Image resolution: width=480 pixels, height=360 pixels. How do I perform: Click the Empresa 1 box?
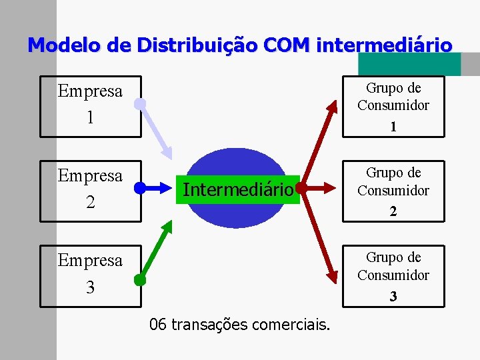(91, 106)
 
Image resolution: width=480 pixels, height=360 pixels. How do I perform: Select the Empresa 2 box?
(91, 191)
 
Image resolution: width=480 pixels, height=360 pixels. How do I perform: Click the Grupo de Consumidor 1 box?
(393, 106)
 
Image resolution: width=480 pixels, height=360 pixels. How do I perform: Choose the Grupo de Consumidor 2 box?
(393, 191)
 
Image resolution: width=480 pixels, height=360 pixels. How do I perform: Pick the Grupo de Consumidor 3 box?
(393, 275)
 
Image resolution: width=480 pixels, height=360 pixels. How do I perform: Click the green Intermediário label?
(238, 190)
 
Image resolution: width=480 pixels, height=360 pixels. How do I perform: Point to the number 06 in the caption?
(158, 325)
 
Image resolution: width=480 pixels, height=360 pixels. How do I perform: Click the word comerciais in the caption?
(297, 325)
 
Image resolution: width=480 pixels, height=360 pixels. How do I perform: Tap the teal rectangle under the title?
(409, 65)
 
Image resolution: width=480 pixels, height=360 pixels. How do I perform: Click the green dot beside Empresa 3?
(139, 280)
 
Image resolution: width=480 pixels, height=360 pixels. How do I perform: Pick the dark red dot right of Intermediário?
(301, 189)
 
